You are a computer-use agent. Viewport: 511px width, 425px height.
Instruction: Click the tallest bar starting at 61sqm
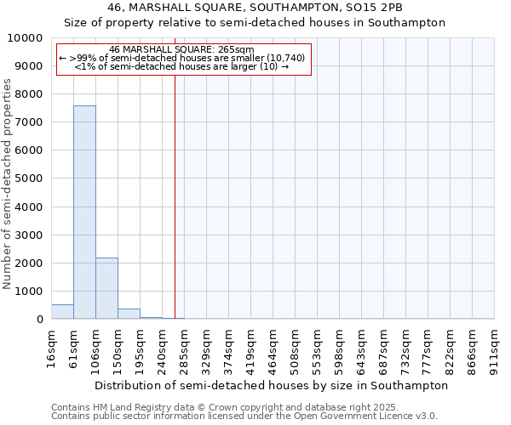pyautogui.click(x=84, y=212)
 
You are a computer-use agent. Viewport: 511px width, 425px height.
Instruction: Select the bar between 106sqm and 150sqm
pyautogui.click(x=106, y=288)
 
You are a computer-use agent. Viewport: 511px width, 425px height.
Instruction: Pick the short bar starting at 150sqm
pyautogui.click(x=129, y=314)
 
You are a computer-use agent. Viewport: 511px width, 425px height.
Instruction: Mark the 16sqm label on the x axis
pyautogui.click(x=51, y=348)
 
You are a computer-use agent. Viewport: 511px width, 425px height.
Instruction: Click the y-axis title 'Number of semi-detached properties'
pyautogui.click(x=8, y=184)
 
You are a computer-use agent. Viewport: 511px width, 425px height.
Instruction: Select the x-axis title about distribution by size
pyautogui.click(x=271, y=385)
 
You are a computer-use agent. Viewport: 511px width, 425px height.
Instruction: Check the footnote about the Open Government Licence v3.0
pyautogui.click(x=244, y=416)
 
